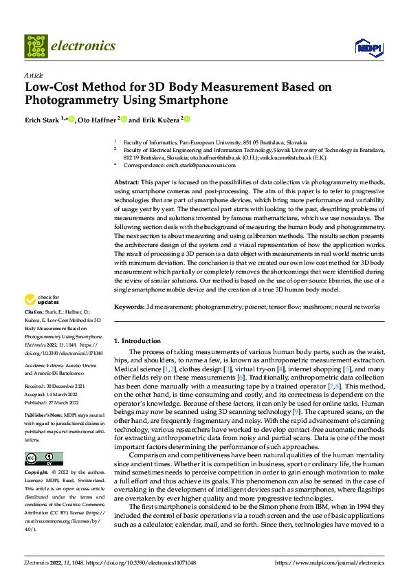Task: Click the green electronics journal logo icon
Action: point(35,46)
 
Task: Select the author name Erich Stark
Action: point(42,119)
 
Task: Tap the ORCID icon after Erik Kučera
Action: point(186,119)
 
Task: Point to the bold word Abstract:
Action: point(127,181)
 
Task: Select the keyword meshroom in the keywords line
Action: point(318,306)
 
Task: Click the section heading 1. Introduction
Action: point(137,340)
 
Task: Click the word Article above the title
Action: point(34,74)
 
